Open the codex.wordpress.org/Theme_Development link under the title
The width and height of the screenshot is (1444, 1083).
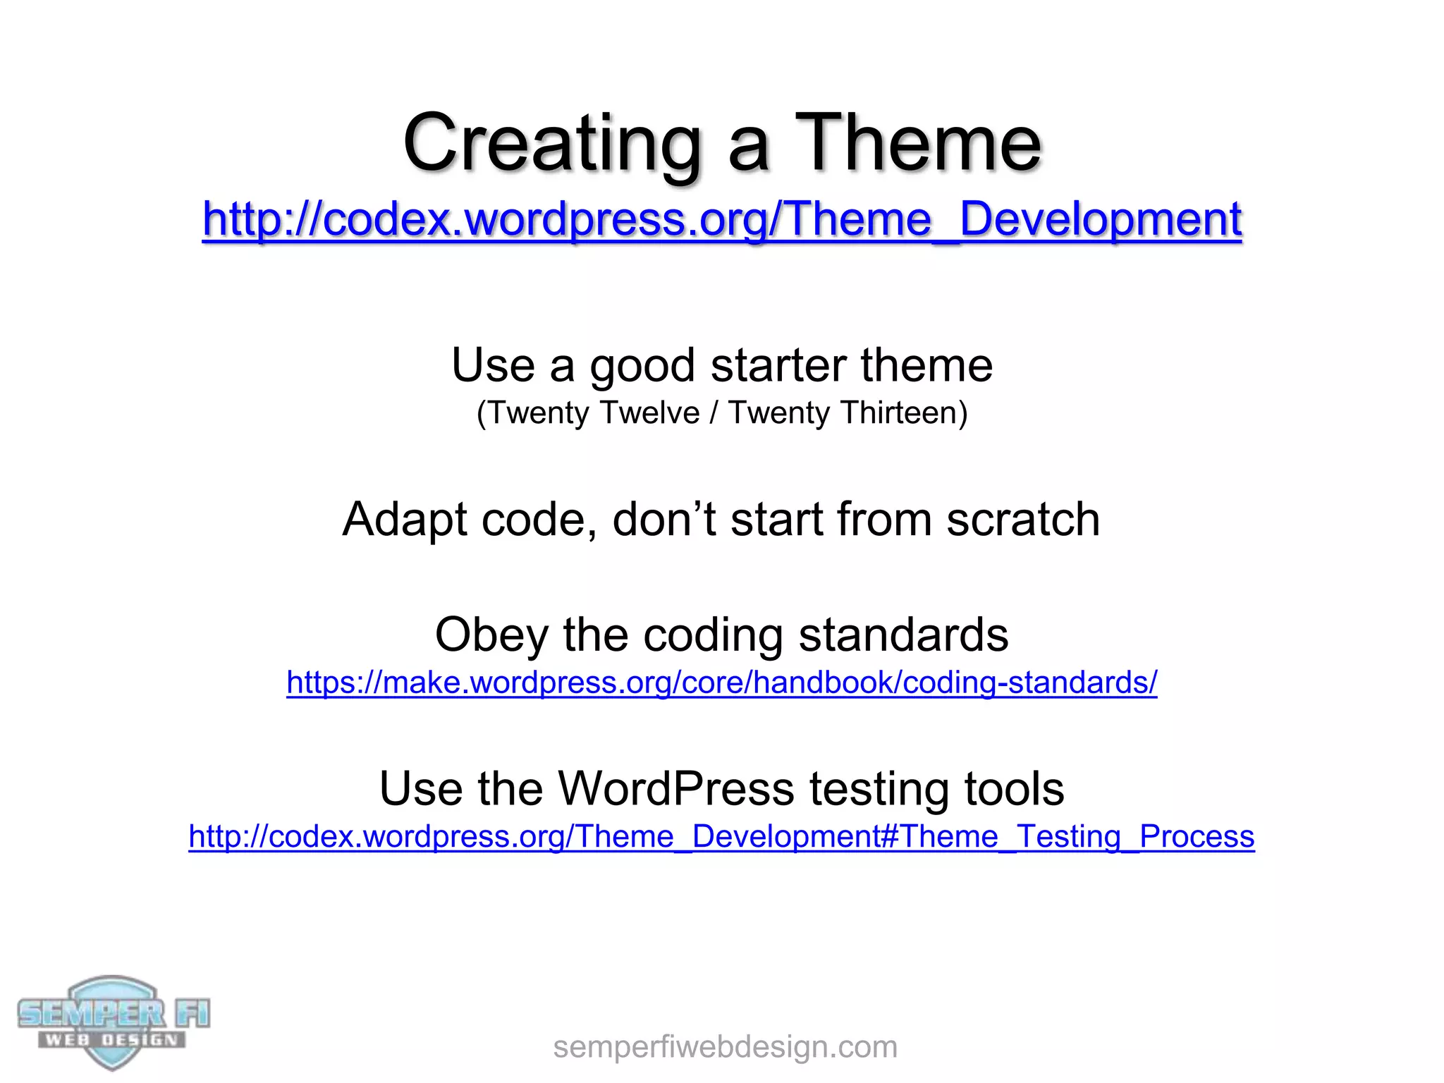(721, 219)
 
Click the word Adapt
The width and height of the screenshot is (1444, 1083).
(404, 520)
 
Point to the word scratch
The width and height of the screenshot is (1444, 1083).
(1022, 520)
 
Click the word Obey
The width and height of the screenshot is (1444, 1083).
(491, 635)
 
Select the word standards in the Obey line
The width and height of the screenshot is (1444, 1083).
(903, 635)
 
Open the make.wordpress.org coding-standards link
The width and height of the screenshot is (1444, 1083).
(721, 683)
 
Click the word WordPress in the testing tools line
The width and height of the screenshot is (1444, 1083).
(676, 788)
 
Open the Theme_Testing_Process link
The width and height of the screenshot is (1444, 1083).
(721, 837)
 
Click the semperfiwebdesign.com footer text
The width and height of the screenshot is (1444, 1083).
(725, 1047)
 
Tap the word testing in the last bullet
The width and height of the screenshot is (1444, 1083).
(879, 788)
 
